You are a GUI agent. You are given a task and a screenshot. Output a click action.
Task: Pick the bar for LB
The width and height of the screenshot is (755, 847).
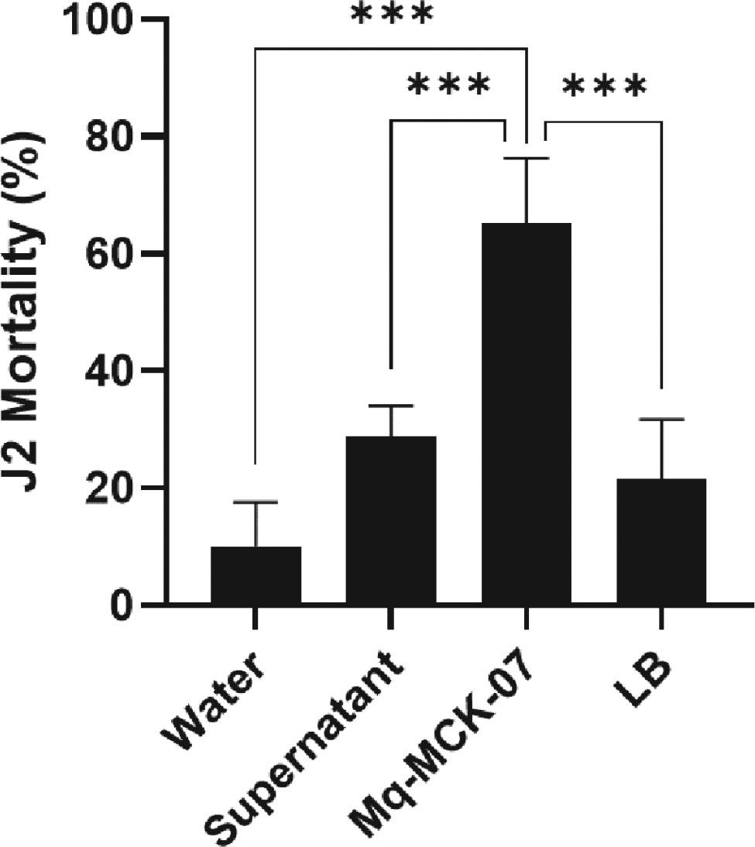[662, 541]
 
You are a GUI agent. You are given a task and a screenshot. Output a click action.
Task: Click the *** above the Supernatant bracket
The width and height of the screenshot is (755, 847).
[448, 85]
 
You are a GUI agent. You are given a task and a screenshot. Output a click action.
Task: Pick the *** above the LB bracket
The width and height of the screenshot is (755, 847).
[604, 87]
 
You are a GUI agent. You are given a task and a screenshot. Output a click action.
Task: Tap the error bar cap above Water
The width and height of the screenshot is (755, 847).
[256, 502]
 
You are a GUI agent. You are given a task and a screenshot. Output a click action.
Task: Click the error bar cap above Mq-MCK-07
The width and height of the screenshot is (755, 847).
[527, 158]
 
